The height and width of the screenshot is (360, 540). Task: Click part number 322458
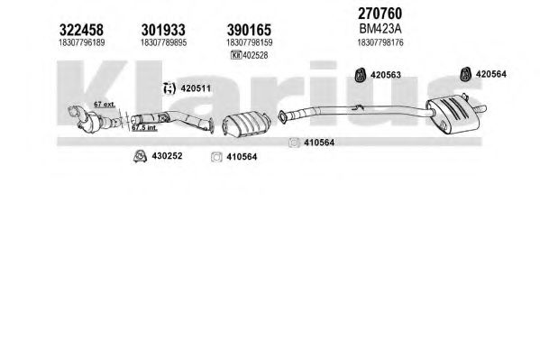81,30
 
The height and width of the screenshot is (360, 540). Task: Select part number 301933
163,30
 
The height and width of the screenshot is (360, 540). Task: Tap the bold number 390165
249,30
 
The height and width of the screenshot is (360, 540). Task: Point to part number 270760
380,14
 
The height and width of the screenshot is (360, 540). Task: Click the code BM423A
380,29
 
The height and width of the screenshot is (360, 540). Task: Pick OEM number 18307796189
82,42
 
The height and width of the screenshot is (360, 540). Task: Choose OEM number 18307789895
163,42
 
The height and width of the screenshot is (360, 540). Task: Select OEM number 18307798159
250,42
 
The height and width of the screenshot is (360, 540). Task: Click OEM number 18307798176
380,42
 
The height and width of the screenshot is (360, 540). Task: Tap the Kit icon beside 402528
236,55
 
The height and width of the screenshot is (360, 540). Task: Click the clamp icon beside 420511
169,88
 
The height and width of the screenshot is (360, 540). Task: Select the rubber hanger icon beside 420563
361,75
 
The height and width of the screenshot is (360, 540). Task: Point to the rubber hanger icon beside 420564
466,74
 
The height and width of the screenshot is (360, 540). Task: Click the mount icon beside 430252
140,156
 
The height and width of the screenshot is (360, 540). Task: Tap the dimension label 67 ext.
105,104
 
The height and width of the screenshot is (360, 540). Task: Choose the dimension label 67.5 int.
144,128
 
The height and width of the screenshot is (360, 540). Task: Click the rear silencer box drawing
451,114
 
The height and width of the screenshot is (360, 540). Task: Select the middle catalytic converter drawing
246,123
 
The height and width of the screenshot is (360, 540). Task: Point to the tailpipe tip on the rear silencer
481,109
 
